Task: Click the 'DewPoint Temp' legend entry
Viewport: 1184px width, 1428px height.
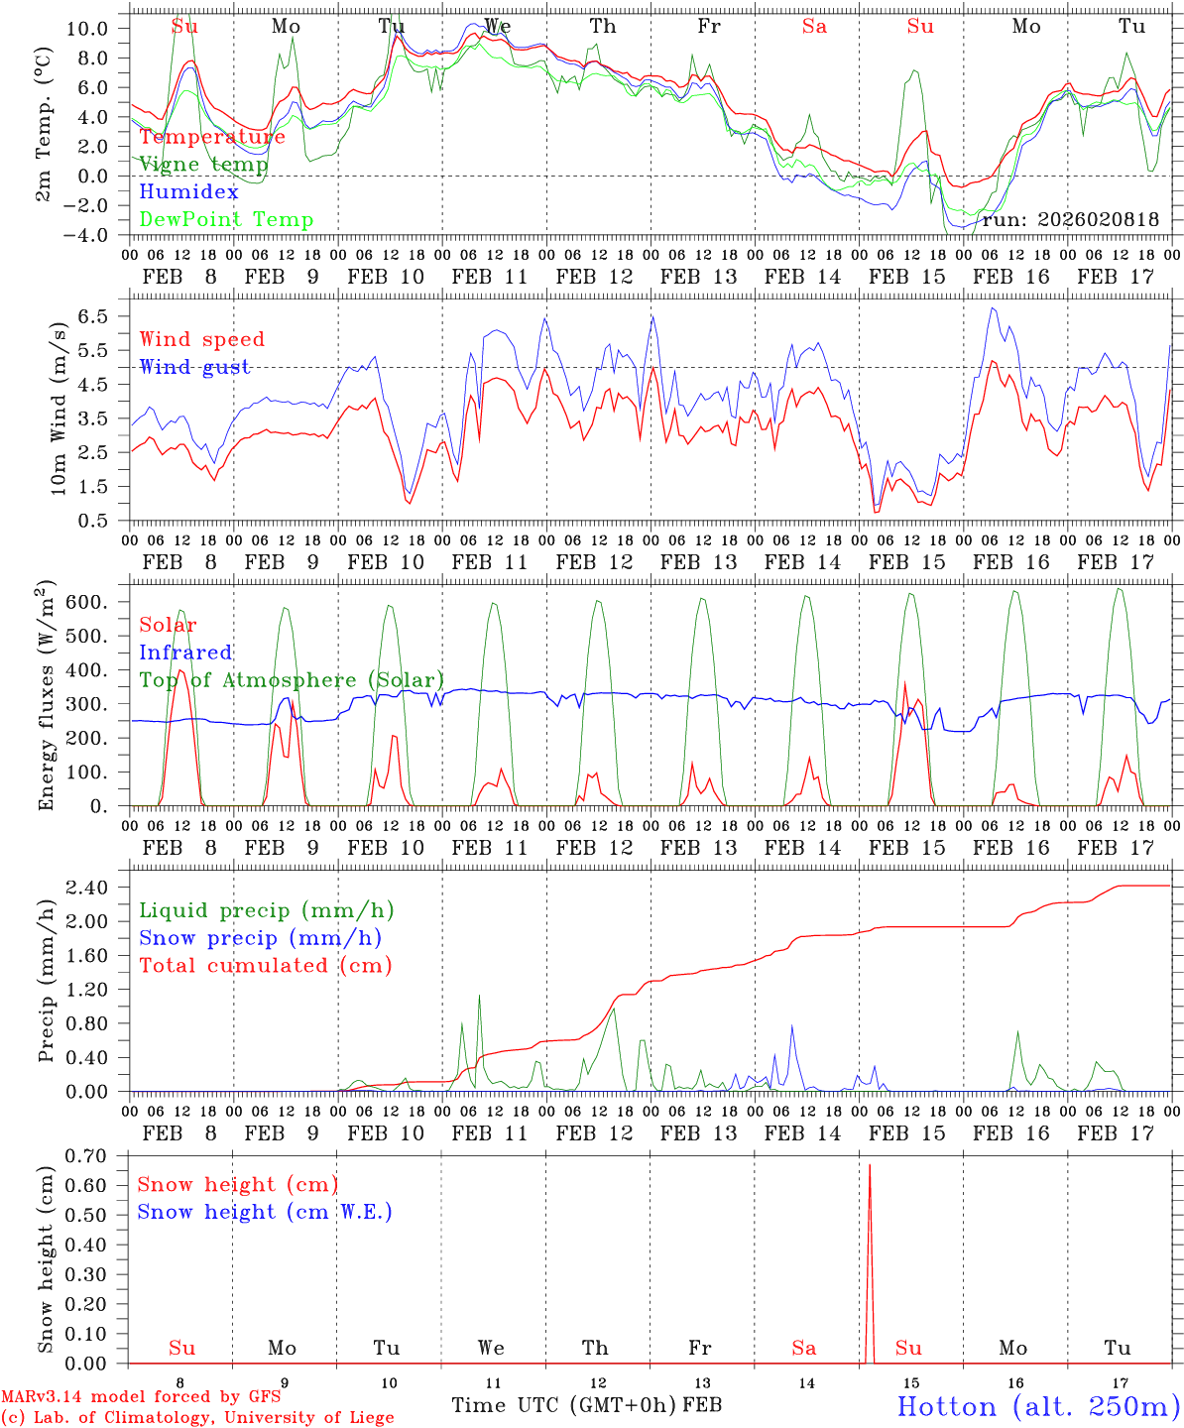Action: [x=226, y=220]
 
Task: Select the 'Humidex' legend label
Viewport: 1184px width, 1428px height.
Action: [x=189, y=192]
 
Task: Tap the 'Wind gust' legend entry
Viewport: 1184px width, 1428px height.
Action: [x=194, y=367]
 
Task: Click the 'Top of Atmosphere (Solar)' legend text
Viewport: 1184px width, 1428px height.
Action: [x=292, y=680]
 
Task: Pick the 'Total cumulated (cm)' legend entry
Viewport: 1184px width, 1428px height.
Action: [x=266, y=966]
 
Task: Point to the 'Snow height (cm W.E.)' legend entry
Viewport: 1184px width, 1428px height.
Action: [x=265, y=1212]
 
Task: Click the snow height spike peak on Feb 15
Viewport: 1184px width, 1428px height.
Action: [x=870, y=1166]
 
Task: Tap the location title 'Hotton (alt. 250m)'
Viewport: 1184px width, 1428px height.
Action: [x=1037, y=1406]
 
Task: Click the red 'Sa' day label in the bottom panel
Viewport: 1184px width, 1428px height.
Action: [x=804, y=1348]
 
